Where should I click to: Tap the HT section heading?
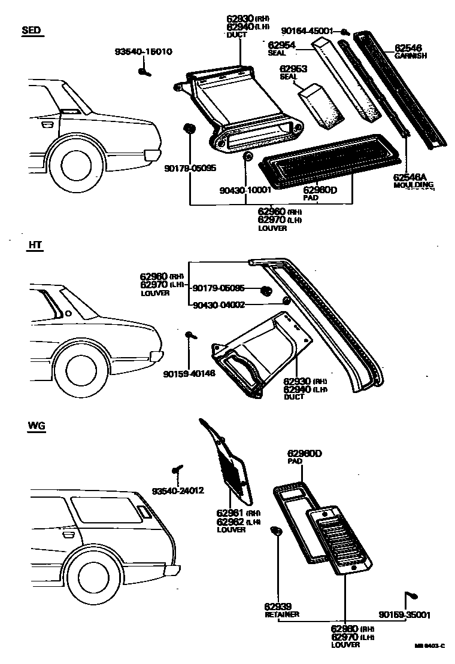[35, 245]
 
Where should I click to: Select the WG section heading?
[37, 426]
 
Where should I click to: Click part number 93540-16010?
[144, 52]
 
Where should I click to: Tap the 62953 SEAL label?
[293, 73]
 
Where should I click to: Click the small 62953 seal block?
[321, 105]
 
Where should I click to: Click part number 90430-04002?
[219, 304]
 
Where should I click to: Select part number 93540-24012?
[178, 491]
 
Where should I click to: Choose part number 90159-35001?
[404, 614]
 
